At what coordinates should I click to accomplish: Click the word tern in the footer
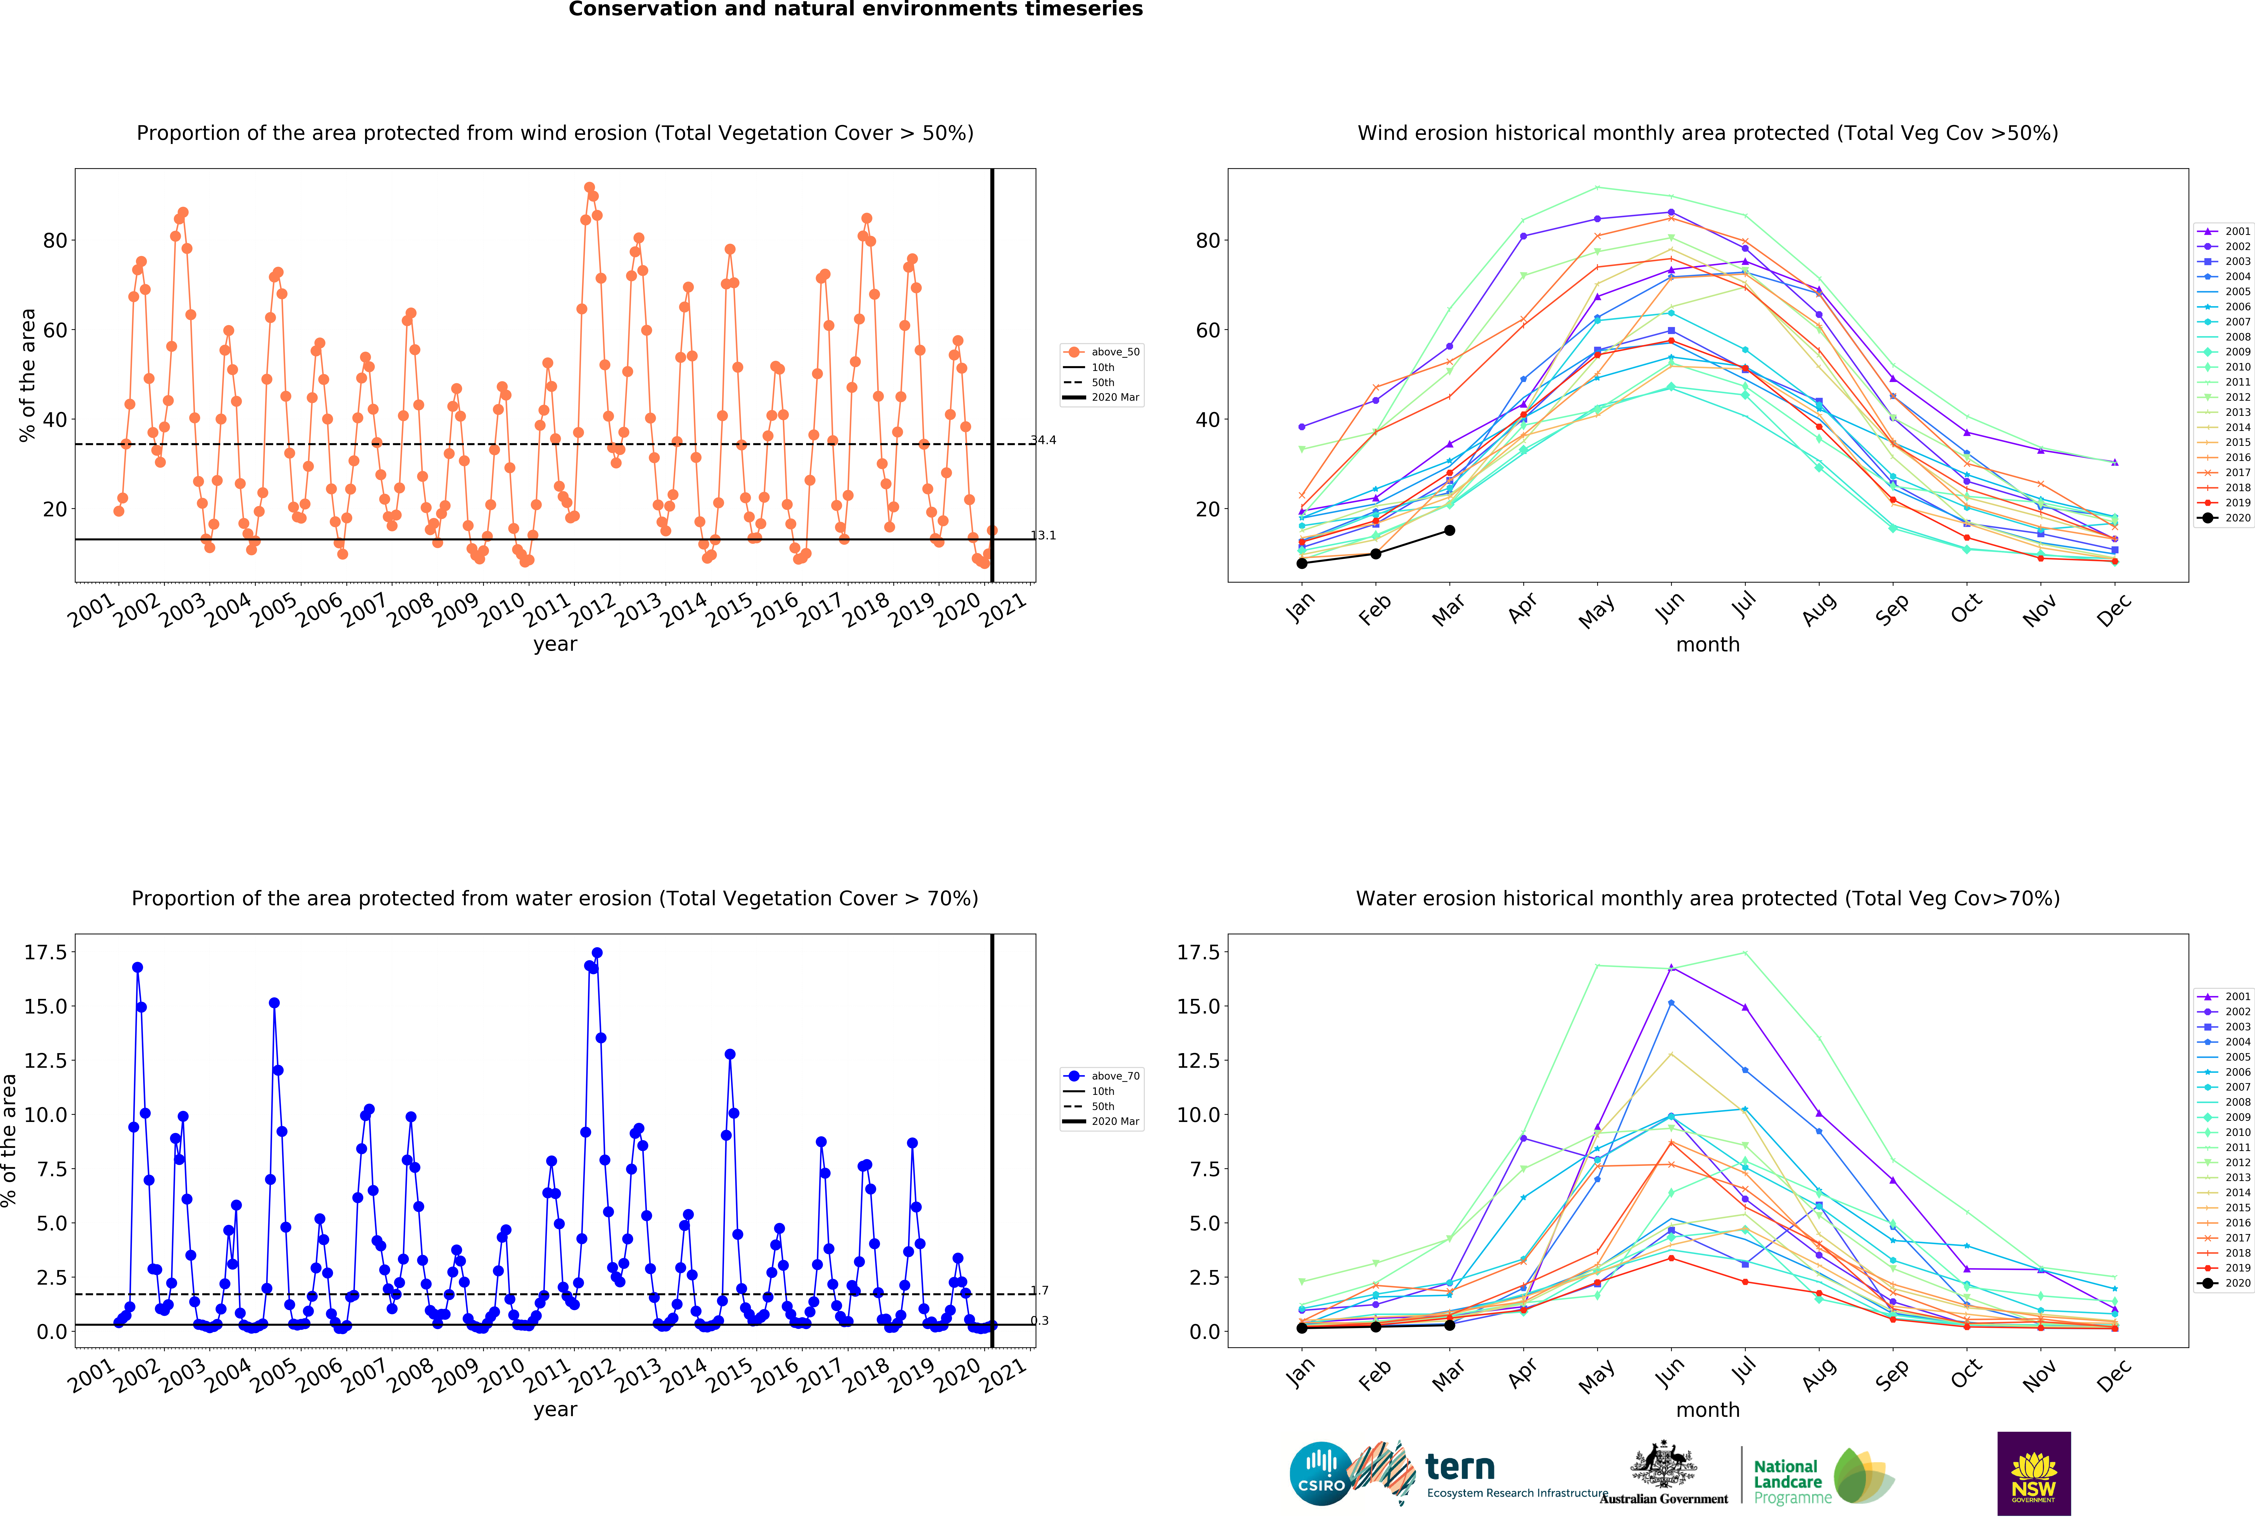tap(1459, 1466)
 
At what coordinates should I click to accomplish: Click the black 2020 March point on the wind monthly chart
tap(1450, 531)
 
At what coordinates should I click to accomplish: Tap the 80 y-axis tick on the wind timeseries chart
tap(55, 241)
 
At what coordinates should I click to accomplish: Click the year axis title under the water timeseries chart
tap(555, 1410)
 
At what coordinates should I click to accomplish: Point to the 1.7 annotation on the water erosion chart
tap(1040, 1290)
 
